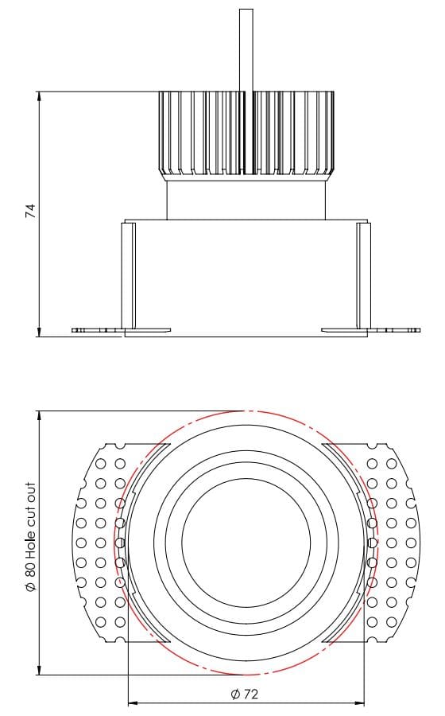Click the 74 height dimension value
pyautogui.click(x=30, y=211)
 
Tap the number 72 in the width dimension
pyautogui.click(x=250, y=694)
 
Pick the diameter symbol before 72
pyautogui.click(x=235, y=694)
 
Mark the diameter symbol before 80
pyautogui.click(x=30, y=586)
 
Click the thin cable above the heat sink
pyautogui.click(x=246, y=48)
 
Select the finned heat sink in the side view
pyautogui.click(x=246, y=133)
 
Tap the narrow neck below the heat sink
pyautogui.click(x=246, y=199)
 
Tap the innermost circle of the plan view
pyautogui.click(x=246, y=543)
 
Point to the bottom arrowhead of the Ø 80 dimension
pyautogui.click(x=39, y=670)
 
